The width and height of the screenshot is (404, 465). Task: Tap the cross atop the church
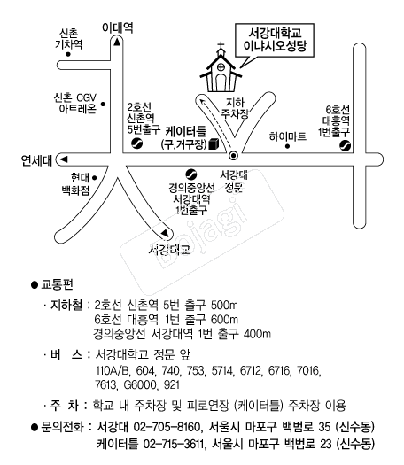click(x=221, y=46)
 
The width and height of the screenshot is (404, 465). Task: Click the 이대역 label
click(x=118, y=27)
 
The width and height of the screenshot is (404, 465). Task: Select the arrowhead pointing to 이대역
click(x=117, y=43)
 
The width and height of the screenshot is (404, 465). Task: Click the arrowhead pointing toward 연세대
click(x=64, y=159)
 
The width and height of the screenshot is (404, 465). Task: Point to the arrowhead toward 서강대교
click(x=165, y=233)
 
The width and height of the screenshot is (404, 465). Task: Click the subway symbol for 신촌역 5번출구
click(x=136, y=143)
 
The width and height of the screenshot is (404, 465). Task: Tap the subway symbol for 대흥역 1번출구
click(x=345, y=145)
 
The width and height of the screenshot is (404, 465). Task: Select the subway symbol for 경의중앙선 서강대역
click(x=190, y=174)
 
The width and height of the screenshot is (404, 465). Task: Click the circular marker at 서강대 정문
click(x=234, y=155)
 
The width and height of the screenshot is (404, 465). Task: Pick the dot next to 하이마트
click(x=287, y=146)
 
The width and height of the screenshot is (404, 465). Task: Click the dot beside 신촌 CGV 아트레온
click(x=103, y=105)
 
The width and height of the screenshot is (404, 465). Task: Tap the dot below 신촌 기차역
click(x=68, y=54)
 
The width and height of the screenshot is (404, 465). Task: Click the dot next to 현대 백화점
click(x=94, y=178)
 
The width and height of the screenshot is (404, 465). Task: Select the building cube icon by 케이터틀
click(x=214, y=143)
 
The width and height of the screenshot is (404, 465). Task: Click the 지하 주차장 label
click(x=235, y=108)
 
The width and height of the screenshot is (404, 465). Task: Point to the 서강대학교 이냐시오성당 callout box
click(x=275, y=40)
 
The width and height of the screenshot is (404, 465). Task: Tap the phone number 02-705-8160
click(x=167, y=427)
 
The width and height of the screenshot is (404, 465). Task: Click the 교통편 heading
click(x=57, y=284)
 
